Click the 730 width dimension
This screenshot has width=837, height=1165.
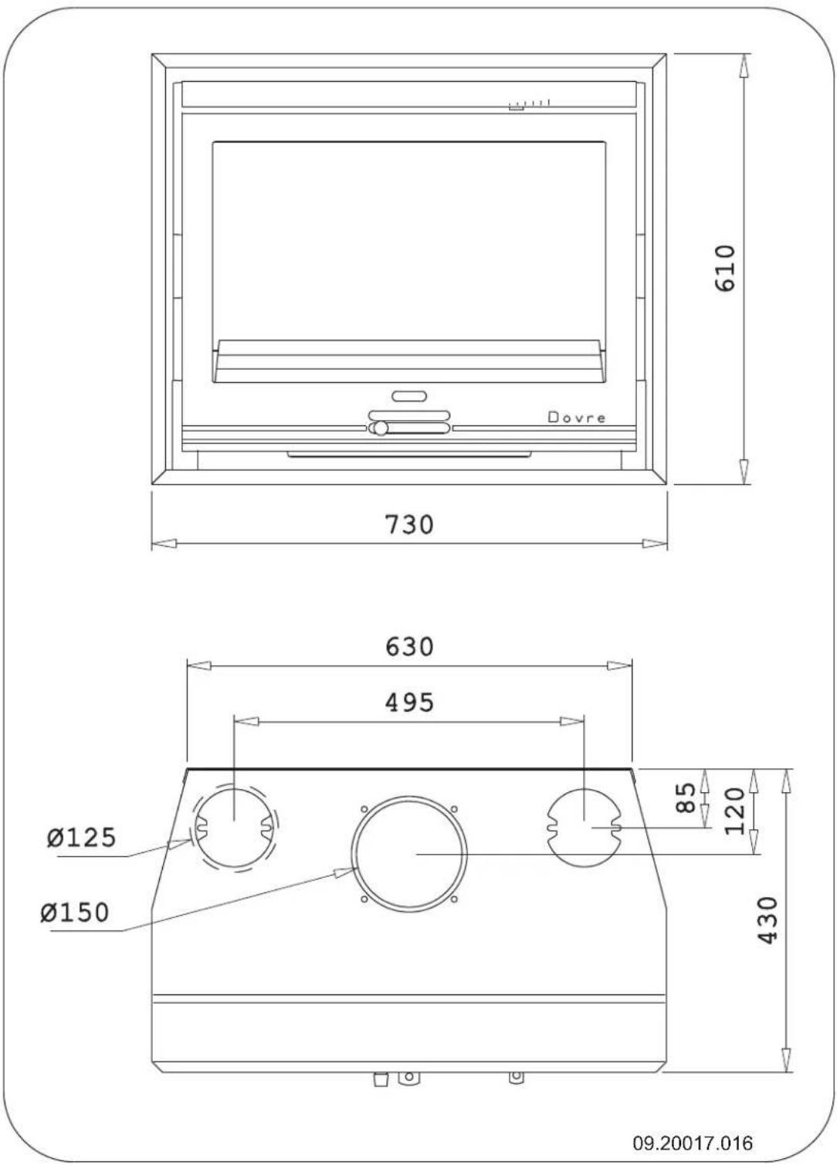(409, 524)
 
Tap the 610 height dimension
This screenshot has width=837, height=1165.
(727, 268)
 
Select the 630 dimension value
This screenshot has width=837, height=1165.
(409, 646)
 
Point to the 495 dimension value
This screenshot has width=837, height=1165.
(409, 703)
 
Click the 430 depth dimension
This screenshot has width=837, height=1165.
(768, 919)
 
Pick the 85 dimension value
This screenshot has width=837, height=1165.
(685, 798)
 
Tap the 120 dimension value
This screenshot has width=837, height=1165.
(735, 811)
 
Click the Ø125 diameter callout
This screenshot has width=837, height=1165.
(81, 837)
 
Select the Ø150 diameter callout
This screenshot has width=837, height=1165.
(76, 913)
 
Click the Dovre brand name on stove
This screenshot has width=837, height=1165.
(577, 418)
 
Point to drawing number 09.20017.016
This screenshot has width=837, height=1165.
(693, 1143)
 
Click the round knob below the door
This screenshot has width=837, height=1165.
(378, 428)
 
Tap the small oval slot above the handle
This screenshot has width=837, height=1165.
(409, 396)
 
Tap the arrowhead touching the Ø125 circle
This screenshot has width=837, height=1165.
(182, 843)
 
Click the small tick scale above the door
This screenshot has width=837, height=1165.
(530, 104)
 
